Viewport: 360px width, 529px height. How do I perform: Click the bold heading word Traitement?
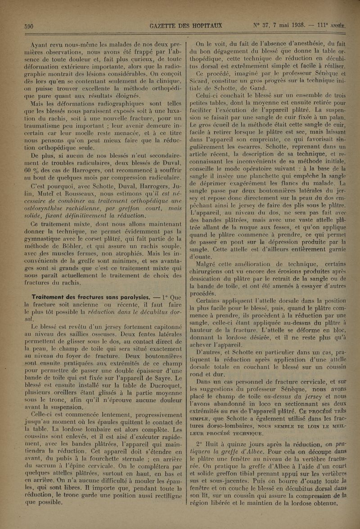pyautogui.click(x=52, y=296)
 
